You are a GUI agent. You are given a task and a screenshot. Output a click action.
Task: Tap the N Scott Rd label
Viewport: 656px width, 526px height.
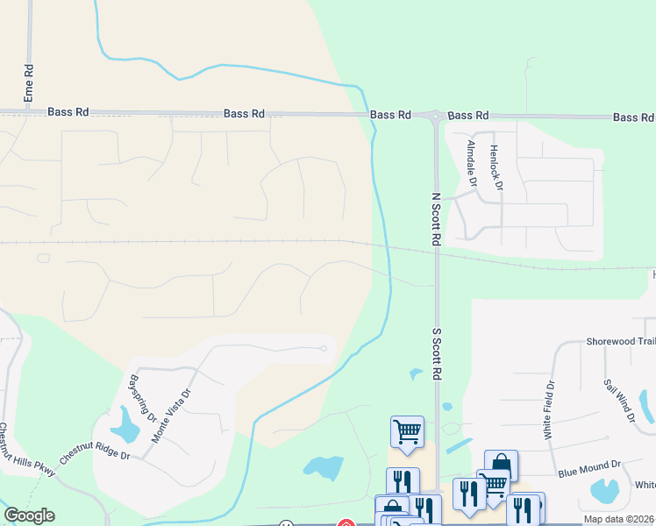[x=435, y=219]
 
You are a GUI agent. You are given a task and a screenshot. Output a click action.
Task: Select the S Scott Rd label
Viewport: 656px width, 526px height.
[x=435, y=353]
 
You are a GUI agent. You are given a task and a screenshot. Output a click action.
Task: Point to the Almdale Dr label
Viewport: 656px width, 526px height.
[x=472, y=163]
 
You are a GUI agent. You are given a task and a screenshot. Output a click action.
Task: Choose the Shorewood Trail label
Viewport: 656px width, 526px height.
[x=620, y=341]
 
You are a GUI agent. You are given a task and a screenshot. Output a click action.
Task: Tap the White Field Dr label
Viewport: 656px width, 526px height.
[x=549, y=409]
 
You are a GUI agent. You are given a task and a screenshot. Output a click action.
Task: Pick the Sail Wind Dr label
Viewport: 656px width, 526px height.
[x=619, y=402]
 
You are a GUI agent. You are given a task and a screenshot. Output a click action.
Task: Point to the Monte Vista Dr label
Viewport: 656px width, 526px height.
[x=171, y=415]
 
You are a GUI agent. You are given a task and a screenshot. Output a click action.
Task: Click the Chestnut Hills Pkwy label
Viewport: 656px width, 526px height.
[x=26, y=451]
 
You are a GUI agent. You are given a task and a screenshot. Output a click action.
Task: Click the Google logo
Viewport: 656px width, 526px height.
[x=29, y=515]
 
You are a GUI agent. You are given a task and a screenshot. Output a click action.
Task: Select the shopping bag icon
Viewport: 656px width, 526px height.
[x=500, y=465]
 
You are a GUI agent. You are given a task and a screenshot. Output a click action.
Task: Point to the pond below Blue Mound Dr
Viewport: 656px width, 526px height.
[x=604, y=491]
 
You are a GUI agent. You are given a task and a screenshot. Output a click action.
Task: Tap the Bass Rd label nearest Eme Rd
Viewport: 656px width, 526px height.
[x=68, y=112]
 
